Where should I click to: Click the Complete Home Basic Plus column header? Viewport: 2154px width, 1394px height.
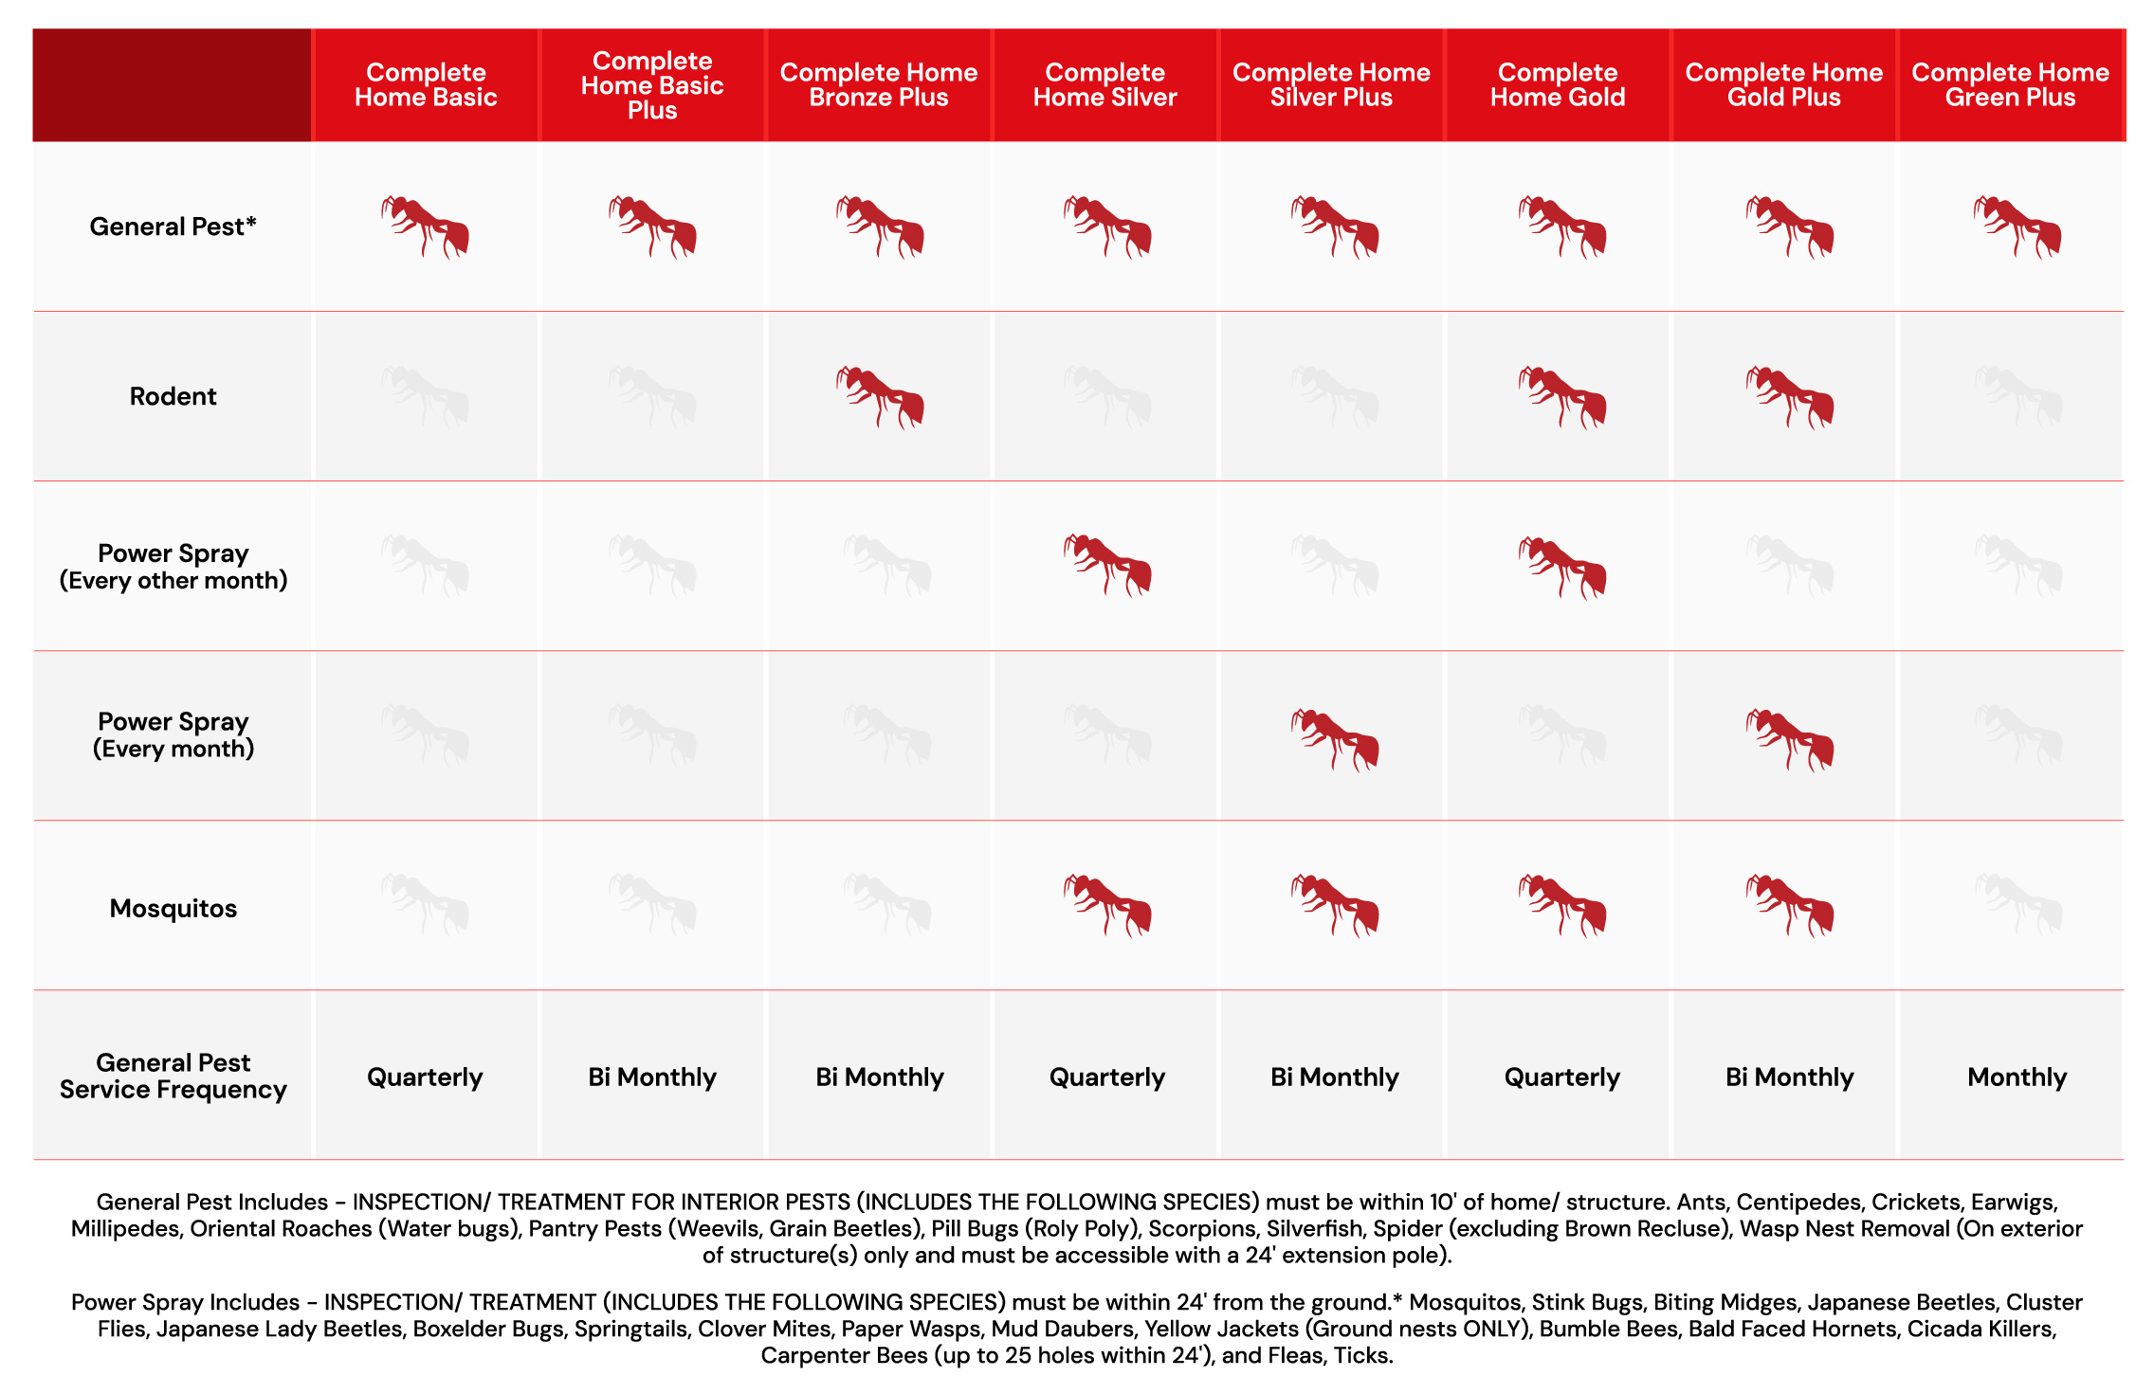point(652,85)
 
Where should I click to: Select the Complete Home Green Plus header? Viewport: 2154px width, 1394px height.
point(2010,85)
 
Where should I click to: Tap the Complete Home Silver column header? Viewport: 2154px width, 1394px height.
point(1104,85)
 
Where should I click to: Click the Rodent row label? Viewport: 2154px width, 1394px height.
point(173,396)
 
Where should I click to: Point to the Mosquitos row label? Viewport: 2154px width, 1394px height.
point(173,908)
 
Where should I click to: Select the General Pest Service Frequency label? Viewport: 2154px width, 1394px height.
point(173,1076)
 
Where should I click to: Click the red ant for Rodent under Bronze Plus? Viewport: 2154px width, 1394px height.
point(880,397)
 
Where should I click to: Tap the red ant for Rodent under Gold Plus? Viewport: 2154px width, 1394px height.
point(1790,397)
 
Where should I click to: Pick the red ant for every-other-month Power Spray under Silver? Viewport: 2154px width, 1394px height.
point(1107,566)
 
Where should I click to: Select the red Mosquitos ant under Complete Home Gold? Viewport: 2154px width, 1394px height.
point(1562,905)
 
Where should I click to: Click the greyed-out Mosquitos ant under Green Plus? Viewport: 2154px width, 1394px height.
point(2017,905)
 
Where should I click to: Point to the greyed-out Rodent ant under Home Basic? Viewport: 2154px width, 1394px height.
point(425,397)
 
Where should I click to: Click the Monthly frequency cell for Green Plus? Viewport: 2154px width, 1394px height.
point(2017,1077)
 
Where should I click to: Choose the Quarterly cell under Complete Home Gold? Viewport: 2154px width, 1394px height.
point(1561,1077)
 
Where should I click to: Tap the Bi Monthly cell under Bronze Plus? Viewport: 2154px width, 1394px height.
point(879,1077)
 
